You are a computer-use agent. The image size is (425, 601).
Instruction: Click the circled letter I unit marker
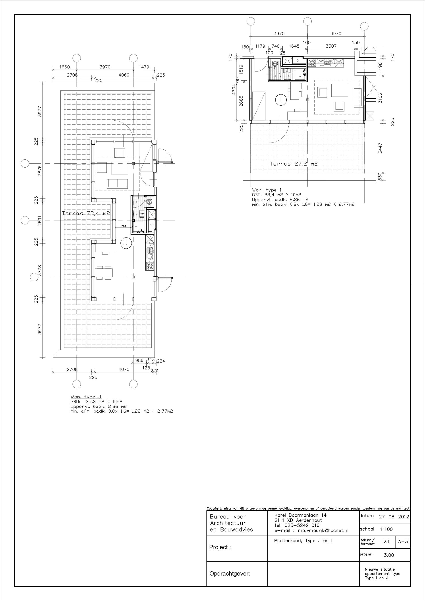(x=280, y=100)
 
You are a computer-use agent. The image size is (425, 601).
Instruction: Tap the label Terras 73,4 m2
(x=86, y=213)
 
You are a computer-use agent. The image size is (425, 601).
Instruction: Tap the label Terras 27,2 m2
(x=294, y=164)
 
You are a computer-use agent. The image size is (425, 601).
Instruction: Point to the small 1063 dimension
(x=123, y=226)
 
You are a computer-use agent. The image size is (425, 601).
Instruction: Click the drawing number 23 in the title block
(x=386, y=542)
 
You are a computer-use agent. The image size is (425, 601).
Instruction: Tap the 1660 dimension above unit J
(x=65, y=67)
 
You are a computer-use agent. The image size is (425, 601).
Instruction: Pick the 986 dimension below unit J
(x=139, y=360)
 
